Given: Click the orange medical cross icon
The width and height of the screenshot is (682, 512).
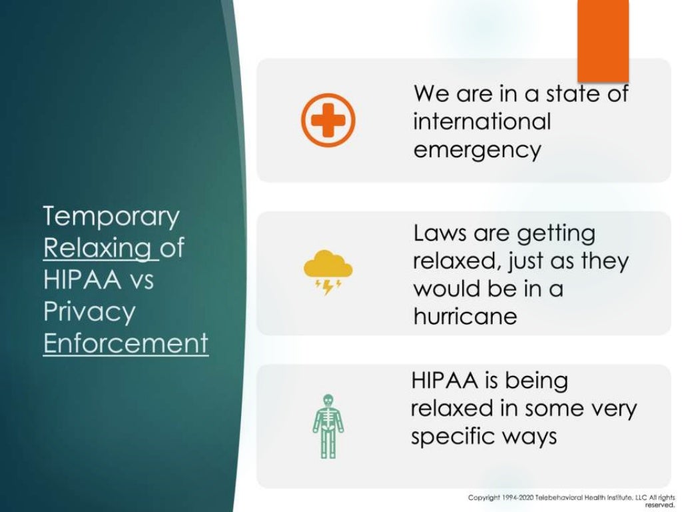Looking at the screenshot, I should pos(328,121).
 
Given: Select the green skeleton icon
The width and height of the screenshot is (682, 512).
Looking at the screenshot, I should pos(328,426).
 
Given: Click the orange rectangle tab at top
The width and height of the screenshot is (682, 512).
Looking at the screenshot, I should pos(603,40).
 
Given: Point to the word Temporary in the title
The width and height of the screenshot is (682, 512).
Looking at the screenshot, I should pos(111,217).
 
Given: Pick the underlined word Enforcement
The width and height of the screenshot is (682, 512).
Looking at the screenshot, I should pos(126,344).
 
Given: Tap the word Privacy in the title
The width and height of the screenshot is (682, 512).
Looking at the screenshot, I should pos(89,312).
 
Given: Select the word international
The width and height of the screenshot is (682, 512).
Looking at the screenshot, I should pos(482,121).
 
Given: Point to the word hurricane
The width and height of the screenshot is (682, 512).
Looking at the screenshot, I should pos(465,316).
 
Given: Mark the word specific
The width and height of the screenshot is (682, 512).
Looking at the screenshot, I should pos(452,437).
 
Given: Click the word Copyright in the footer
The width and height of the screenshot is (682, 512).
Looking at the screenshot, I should pos(484,498).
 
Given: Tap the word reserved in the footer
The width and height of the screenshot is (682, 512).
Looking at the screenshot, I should pos(660,505).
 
